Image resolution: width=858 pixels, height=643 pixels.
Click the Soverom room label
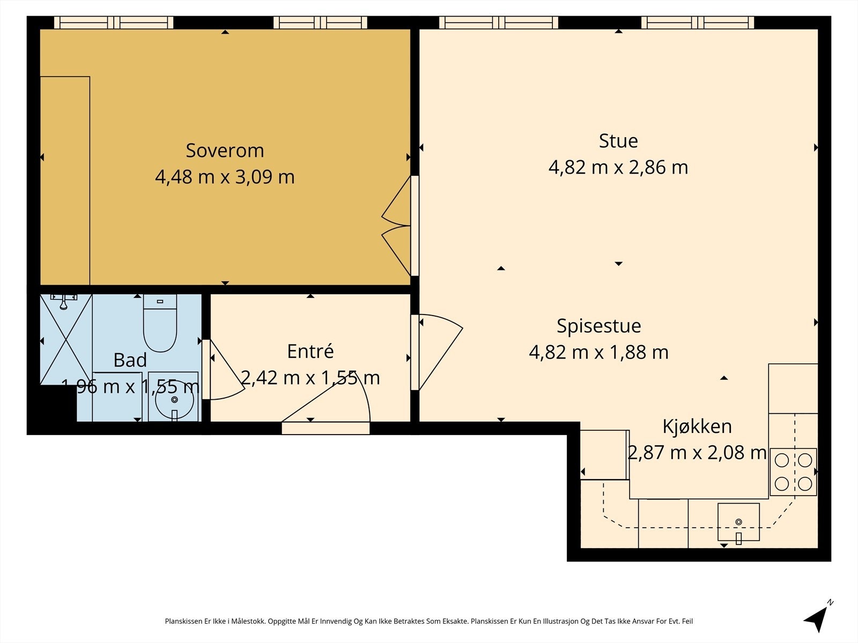(x=225, y=151)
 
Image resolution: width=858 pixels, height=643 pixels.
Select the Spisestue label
(x=599, y=326)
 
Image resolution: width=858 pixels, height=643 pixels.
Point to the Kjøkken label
(x=697, y=427)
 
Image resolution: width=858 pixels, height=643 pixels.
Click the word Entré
(x=310, y=351)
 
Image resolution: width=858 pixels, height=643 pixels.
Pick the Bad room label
(x=130, y=360)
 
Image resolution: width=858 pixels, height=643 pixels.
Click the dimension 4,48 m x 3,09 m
(x=225, y=177)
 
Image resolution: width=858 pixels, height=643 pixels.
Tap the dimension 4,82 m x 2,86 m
(x=618, y=168)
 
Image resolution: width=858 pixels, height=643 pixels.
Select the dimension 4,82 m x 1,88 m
(x=599, y=352)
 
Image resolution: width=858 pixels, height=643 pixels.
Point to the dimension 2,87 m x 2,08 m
(x=697, y=452)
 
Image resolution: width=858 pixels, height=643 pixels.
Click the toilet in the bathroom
(x=160, y=323)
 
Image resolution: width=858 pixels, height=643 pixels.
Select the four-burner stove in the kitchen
(x=793, y=472)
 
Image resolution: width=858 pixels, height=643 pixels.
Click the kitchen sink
(x=738, y=522)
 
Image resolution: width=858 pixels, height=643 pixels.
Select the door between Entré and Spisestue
(x=437, y=352)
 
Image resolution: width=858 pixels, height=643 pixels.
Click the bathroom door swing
(x=223, y=370)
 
